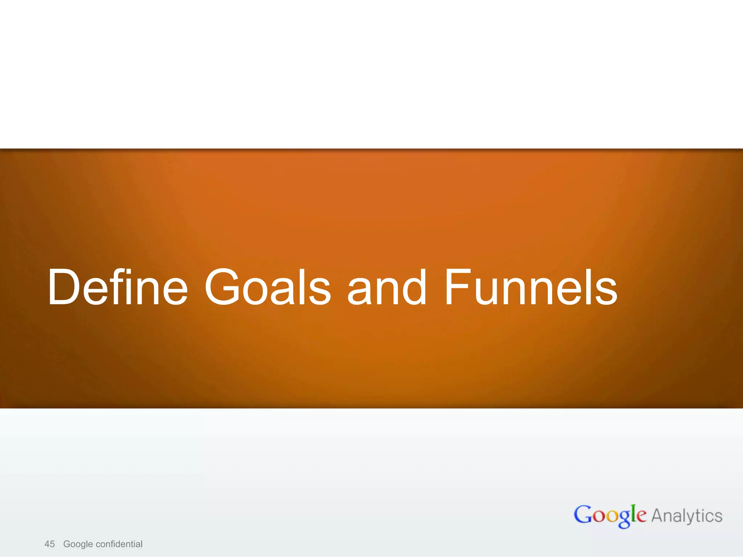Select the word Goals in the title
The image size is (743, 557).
(268, 287)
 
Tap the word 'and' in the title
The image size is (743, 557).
(387, 287)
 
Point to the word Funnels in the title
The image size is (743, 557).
(530, 287)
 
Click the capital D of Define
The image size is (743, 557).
(64, 287)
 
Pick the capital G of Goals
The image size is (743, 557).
(222, 287)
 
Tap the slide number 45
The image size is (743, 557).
(49, 544)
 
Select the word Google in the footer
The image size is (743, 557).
(78, 544)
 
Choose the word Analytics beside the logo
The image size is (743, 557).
(687, 516)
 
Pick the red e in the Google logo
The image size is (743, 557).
(641, 516)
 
